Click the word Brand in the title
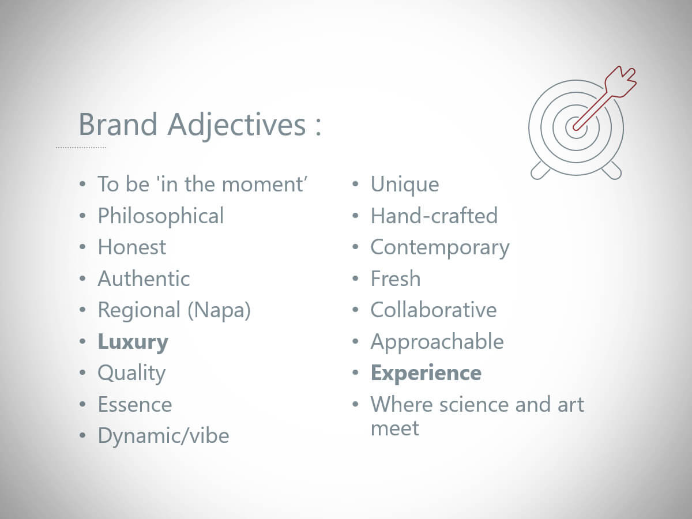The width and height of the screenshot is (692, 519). [x=118, y=124]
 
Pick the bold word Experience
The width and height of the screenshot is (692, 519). [x=426, y=374]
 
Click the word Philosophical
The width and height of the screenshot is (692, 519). [x=161, y=217]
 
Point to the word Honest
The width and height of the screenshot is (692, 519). [x=132, y=247]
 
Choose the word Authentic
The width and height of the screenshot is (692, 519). [x=144, y=279]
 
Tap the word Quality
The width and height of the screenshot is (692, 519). [x=131, y=374]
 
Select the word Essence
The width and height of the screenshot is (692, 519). [x=135, y=405]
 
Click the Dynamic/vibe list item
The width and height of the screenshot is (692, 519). [x=163, y=436]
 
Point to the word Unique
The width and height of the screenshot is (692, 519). [x=405, y=185]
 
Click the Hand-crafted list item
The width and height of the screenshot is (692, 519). [x=434, y=216]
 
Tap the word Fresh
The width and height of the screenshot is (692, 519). [x=396, y=279]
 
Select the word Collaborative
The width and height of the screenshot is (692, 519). [x=434, y=310]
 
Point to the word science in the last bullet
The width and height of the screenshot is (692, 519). [x=474, y=405]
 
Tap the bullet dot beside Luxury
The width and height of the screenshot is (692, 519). [x=82, y=341]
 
